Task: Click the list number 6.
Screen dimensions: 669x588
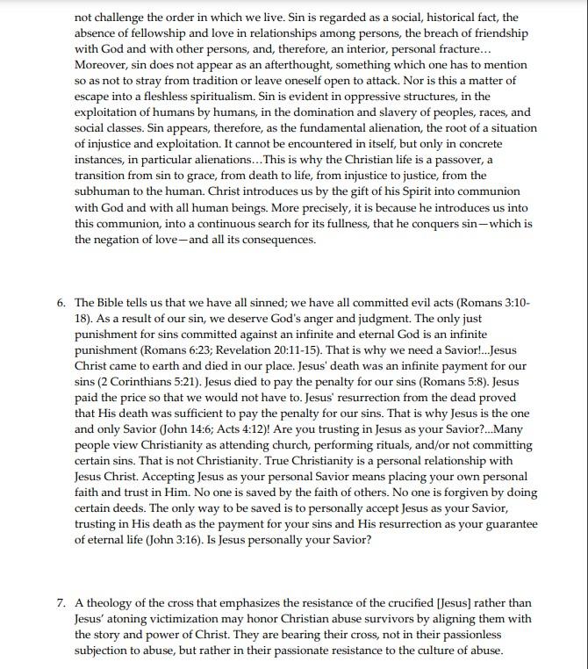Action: (x=61, y=302)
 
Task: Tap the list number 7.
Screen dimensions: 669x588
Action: (x=61, y=603)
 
